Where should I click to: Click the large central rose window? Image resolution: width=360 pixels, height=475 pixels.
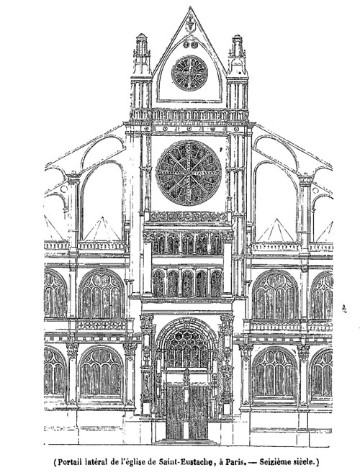click(x=189, y=173)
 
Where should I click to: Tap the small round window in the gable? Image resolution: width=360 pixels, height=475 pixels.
click(x=189, y=73)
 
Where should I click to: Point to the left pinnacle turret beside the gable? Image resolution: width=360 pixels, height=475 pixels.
click(x=142, y=71)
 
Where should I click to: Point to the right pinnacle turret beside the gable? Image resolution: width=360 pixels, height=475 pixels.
click(x=238, y=72)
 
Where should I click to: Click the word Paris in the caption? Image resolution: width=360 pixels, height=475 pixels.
click(x=234, y=462)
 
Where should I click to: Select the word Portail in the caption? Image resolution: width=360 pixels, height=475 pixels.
click(x=71, y=462)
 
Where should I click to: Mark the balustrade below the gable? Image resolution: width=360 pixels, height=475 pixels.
click(x=189, y=115)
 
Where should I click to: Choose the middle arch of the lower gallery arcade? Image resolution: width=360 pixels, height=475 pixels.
click(x=188, y=284)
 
